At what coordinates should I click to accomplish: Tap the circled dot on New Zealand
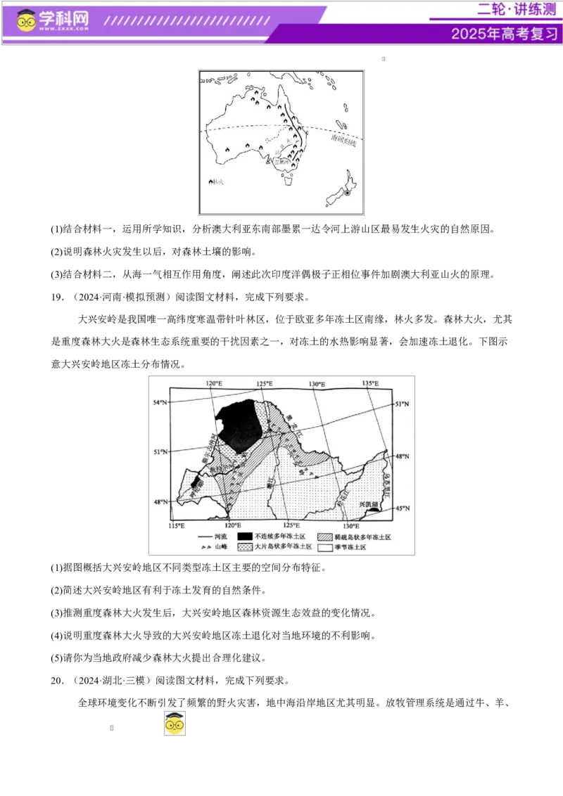(x=346, y=193)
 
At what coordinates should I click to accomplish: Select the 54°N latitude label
(x=161, y=402)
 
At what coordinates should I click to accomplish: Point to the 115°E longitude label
(x=177, y=525)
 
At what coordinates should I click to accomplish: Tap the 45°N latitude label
(x=402, y=508)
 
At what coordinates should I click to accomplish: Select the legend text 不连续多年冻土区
(x=280, y=537)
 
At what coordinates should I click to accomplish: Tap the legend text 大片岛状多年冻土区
(x=283, y=547)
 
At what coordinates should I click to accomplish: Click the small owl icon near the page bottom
(x=175, y=723)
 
